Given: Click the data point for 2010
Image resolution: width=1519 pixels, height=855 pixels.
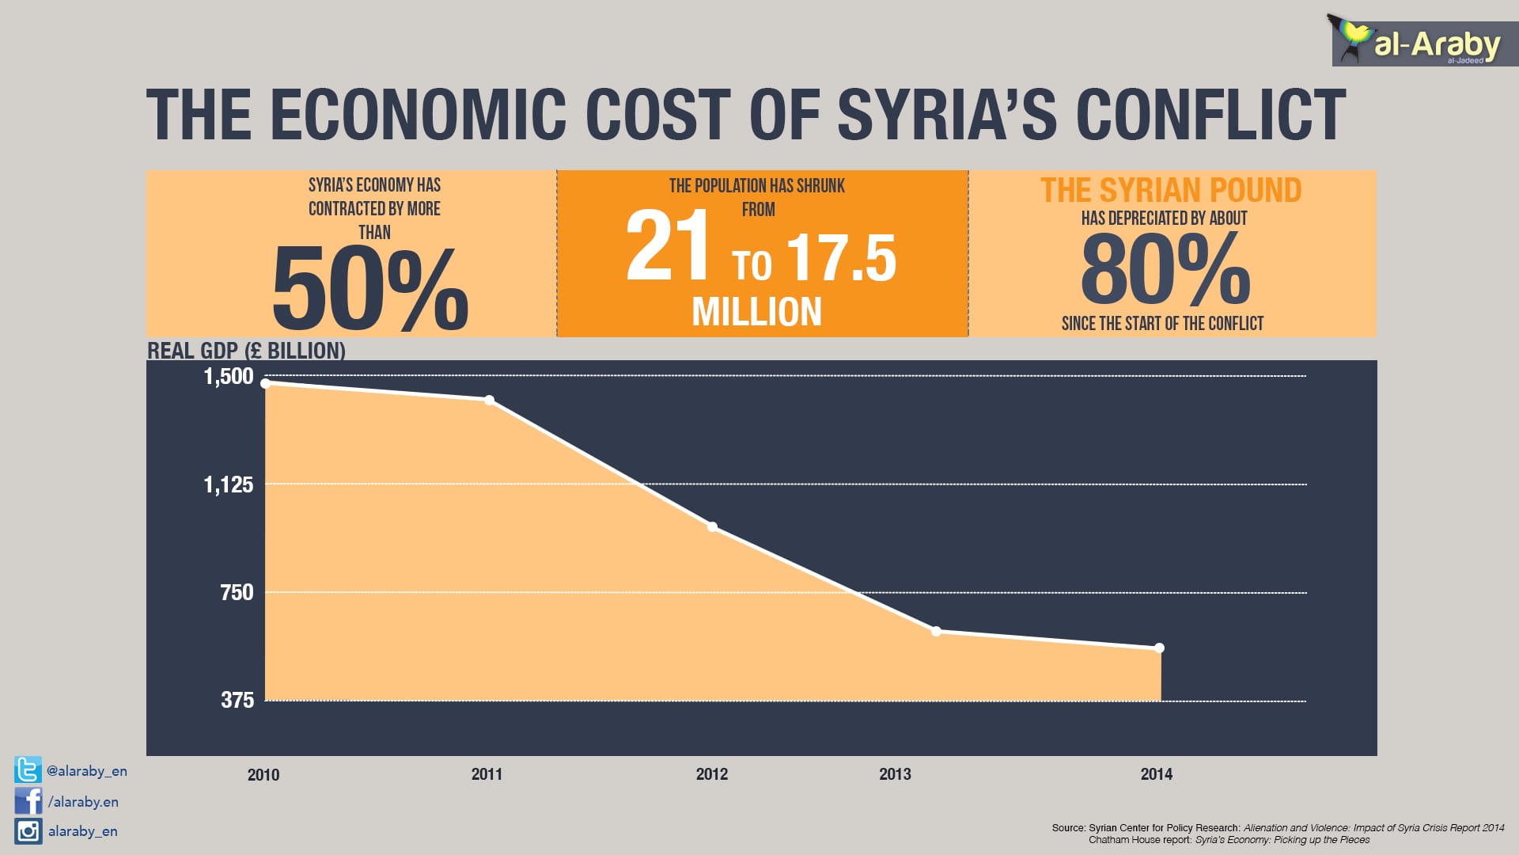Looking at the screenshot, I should point(266,383).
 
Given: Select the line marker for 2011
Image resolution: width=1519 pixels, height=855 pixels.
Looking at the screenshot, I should point(489,400).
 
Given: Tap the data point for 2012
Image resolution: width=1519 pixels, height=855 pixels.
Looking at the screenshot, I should point(712,526).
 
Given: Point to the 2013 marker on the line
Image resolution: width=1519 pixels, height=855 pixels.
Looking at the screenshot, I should point(936,631).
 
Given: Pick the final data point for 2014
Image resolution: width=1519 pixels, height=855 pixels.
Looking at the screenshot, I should point(1159,648).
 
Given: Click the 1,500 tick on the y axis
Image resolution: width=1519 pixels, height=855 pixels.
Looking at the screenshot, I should point(229,376).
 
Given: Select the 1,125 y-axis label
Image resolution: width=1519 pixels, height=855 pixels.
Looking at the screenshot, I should point(229,484).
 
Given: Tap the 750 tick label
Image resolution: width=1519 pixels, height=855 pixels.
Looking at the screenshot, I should point(237,592).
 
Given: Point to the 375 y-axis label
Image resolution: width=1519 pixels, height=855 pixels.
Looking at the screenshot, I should point(237,700).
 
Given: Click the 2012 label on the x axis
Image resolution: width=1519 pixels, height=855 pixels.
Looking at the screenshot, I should point(711,774).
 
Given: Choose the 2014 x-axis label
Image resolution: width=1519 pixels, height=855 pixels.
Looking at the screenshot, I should point(1156,774).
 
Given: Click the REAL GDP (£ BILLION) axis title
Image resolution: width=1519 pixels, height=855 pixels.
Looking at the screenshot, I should point(246,351).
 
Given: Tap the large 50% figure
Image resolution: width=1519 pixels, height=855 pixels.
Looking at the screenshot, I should point(369,289).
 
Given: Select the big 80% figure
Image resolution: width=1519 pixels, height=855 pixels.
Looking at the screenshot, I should point(1165,271).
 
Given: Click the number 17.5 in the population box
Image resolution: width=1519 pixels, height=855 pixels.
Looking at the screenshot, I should point(841,260).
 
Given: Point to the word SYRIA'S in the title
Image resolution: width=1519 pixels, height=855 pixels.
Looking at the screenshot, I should point(946,115).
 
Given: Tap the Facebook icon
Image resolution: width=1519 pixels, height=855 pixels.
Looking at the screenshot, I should point(28,801).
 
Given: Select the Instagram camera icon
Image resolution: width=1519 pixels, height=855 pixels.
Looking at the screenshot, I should point(28,831).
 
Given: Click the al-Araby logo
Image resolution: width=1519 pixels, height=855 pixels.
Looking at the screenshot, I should point(1420,43).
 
